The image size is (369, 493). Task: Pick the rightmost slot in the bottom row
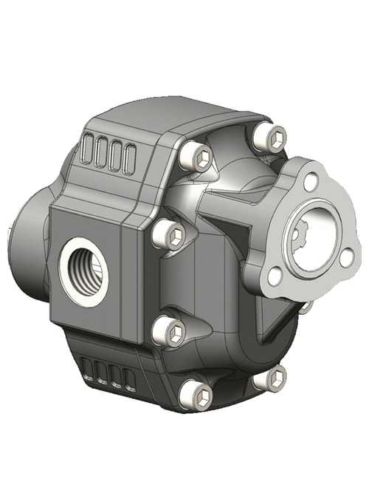click(130, 379)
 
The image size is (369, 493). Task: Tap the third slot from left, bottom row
click(115, 375)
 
